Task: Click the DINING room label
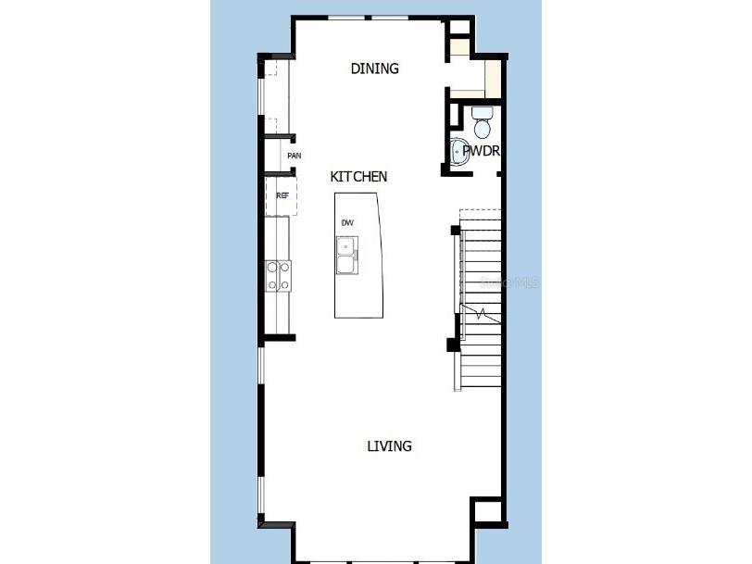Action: (375, 69)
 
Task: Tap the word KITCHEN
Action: (358, 176)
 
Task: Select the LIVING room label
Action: (389, 446)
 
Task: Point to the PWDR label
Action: (482, 150)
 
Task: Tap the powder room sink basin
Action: (460, 151)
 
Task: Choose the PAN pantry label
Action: (294, 156)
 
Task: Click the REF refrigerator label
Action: (282, 195)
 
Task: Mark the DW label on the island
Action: (347, 222)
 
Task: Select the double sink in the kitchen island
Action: (346, 256)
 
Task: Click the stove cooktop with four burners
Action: (279, 275)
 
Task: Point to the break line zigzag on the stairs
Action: (479, 313)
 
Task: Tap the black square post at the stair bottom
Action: (453, 345)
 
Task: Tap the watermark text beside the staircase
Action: (515, 282)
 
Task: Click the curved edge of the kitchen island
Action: (381, 255)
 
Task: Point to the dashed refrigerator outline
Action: (282, 196)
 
